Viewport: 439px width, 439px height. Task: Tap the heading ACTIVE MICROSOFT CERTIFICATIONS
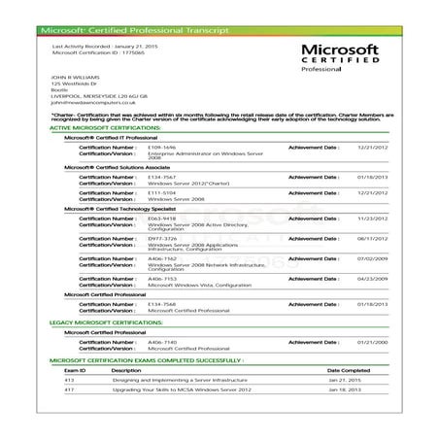[104, 128]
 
